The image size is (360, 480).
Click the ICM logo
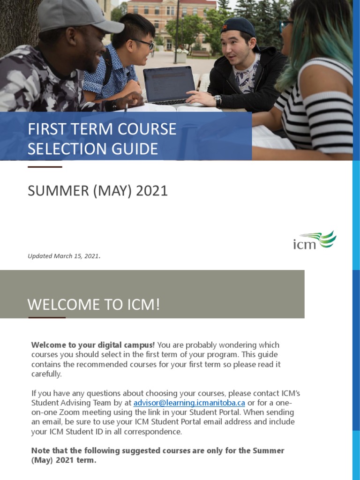pos(315,240)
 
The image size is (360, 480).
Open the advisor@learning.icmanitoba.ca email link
pos(189,403)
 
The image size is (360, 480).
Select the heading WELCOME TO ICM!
pos(94,305)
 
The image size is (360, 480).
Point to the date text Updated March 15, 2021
pos(64,256)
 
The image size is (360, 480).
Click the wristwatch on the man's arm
pos(217,100)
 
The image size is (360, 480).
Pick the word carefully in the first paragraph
pos(46,374)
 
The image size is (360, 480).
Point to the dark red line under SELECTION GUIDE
pos(45,166)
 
